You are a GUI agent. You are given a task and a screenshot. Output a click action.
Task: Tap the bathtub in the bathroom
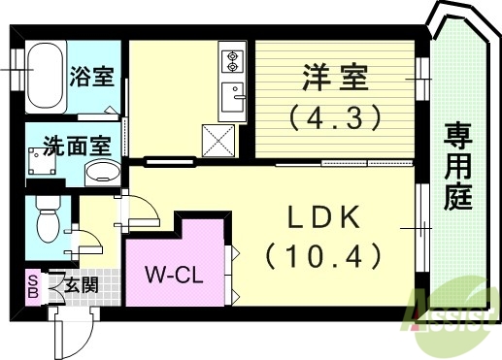tap(45, 77)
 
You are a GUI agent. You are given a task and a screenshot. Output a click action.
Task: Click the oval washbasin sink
tap(101, 174)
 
